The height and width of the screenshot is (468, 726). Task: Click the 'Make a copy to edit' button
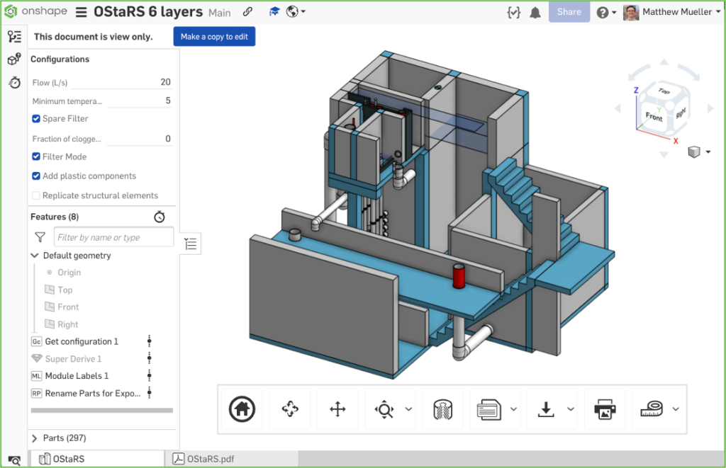[x=214, y=37]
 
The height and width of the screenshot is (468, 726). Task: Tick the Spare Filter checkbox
[x=36, y=119]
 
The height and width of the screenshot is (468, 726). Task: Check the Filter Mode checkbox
[x=36, y=157]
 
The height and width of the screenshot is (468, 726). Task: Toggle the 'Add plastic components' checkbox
[x=36, y=176]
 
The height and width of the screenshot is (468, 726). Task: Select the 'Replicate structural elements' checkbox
[x=36, y=195]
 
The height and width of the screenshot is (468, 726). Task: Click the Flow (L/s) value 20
[x=165, y=82]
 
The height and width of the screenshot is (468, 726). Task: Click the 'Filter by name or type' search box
[x=113, y=237]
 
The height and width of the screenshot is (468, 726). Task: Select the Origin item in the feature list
[x=69, y=273]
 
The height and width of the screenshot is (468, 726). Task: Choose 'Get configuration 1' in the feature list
[x=81, y=341]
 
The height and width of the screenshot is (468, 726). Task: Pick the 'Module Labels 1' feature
[x=77, y=376]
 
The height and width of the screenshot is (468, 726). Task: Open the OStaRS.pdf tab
[x=210, y=459]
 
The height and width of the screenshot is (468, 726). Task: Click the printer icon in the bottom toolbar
[x=604, y=409]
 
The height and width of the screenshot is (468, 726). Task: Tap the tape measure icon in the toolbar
[x=651, y=409]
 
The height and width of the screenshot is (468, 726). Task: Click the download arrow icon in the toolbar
[x=545, y=409]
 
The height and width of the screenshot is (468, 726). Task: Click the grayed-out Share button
[x=569, y=12]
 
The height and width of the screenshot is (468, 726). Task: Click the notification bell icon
[x=535, y=12]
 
